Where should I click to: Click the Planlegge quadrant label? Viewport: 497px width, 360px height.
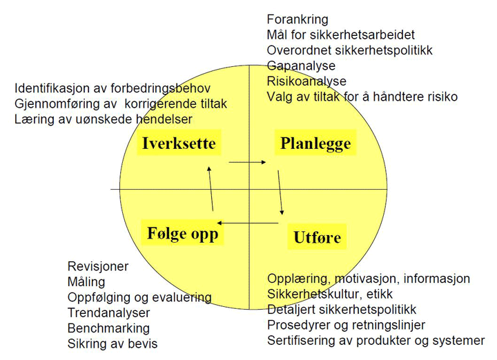pos(315,143)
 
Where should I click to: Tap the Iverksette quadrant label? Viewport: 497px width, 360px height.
pos(179,143)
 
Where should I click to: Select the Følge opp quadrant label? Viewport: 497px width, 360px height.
pos(182,233)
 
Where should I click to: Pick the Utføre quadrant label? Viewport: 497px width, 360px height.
pos(317,237)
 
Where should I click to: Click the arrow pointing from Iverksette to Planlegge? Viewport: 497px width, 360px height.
pos(247,163)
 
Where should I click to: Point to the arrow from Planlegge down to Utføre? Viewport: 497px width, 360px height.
pos(281,192)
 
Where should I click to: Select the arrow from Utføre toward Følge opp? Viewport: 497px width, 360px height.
pos(248,223)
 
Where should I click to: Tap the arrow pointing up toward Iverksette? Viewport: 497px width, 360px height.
pos(211,188)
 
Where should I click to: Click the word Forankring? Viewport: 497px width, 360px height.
pos(298,19)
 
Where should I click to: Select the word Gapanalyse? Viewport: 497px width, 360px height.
pos(301,66)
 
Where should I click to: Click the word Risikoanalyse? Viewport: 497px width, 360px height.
pos(306,81)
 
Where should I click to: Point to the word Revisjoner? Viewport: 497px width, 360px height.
pos(98,266)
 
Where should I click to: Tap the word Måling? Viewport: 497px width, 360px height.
pos(86,281)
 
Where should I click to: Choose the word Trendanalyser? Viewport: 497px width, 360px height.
pos(109,313)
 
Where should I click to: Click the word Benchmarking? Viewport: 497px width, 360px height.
pos(108,328)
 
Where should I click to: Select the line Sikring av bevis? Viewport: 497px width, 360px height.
pos(113,343)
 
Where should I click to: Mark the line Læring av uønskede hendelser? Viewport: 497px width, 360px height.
pos(104,119)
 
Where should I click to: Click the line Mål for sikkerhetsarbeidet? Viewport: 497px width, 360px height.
pos(341,35)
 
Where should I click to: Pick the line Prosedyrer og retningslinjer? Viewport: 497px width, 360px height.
pos(346,325)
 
